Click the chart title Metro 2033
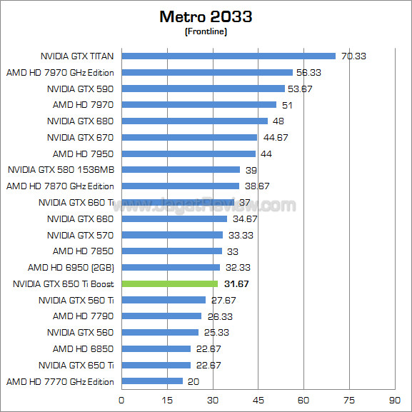(x=206, y=16)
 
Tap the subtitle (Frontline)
(x=206, y=31)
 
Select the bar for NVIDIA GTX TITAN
(x=228, y=56)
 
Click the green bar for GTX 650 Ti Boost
(x=170, y=283)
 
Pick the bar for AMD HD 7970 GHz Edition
(x=207, y=72)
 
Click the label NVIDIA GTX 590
(x=81, y=89)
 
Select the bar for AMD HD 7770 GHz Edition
(x=152, y=381)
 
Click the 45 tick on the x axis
(x=258, y=400)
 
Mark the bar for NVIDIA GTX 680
(x=194, y=121)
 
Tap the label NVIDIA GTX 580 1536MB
(x=61, y=170)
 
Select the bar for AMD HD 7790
(x=161, y=316)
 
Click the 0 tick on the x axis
(x=122, y=400)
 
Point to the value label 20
(x=193, y=381)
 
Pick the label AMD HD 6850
(x=83, y=348)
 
